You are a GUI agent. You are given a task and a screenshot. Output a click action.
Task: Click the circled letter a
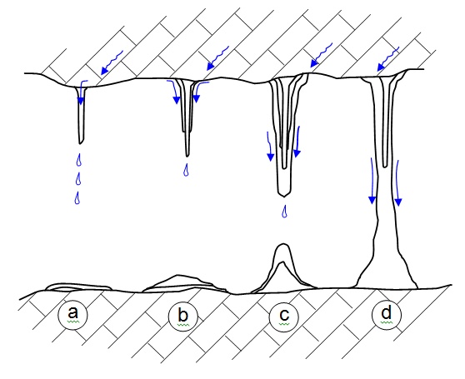click(73, 314)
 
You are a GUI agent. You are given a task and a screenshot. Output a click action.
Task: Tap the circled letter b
click(183, 316)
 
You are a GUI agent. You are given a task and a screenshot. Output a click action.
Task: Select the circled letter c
click(284, 316)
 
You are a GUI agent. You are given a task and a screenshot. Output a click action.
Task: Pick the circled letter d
click(387, 314)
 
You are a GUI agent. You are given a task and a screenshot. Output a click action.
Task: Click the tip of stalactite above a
click(80, 144)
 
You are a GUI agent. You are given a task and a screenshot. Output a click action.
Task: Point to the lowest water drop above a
click(77, 198)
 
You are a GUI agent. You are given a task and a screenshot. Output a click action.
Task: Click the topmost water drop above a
click(79, 160)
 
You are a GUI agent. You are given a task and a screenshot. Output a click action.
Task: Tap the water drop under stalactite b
click(186, 170)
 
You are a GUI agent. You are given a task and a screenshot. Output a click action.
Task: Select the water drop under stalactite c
click(284, 212)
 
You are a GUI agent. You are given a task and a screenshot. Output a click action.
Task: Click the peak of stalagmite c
click(283, 244)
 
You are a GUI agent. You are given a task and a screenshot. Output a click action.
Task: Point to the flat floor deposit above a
click(77, 287)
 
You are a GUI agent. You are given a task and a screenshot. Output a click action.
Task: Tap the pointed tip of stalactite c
click(284, 197)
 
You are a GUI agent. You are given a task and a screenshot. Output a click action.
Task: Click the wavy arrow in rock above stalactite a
click(112, 62)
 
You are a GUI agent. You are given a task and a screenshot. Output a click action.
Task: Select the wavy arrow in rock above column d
click(388, 59)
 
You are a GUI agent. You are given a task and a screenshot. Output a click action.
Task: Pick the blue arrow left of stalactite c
click(270, 147)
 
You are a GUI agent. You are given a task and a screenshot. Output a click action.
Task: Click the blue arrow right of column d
click(397, 183)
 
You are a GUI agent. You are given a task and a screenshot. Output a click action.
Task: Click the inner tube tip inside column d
click(385, 167)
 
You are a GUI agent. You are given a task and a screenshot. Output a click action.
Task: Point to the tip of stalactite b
click(187, 156)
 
